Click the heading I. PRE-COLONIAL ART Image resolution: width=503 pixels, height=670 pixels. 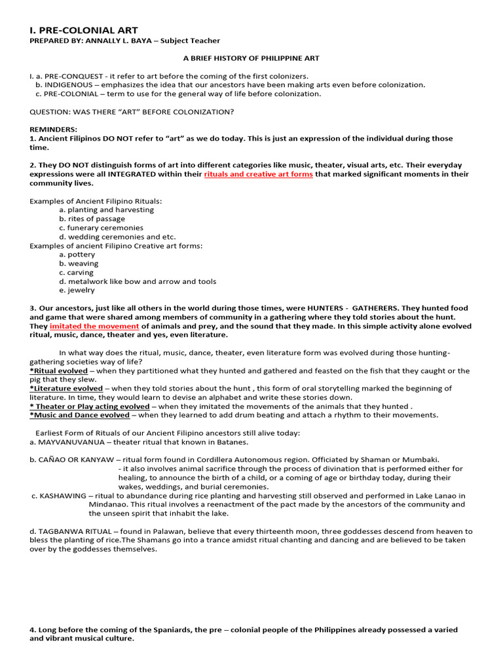pyautogui.click(x=84, y=30)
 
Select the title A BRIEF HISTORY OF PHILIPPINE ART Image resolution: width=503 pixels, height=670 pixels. pyautogui.click(x=251, y=58)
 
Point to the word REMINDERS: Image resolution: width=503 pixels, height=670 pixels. pyautogui.click(x=53, y=130)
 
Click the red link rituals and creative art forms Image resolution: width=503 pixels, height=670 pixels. pyautogui.click(x=258, y=175)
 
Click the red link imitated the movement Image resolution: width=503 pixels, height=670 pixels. pyautogui.click(x=94, y=326)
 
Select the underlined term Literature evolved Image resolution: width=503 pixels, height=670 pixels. pyautogui.click(x=67, y=389)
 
